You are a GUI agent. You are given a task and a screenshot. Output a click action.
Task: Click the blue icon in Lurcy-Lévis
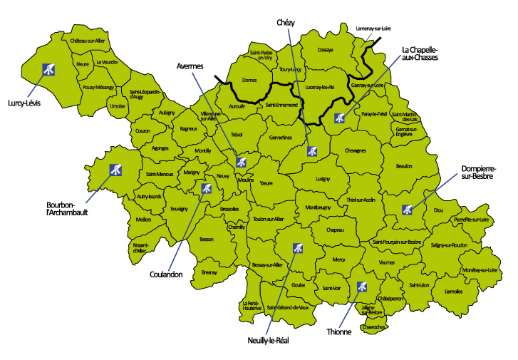tap(48, 69)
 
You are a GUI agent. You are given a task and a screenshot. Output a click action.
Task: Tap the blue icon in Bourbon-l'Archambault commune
tap(114, 170)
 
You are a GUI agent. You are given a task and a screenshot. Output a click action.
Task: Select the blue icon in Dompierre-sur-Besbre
tap(408, 210)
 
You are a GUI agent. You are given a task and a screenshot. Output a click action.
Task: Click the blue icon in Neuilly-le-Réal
tap(298, 249)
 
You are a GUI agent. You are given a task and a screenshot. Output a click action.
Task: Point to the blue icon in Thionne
tap(361, 287)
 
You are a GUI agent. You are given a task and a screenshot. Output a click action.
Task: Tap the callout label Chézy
tap(286, 23)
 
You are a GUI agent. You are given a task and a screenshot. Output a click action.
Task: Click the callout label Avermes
tap(190, 66)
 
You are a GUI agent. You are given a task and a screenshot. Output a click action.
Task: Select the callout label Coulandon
tap(166, 274)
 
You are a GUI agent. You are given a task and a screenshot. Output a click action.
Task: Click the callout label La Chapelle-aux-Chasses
tap(429, 53)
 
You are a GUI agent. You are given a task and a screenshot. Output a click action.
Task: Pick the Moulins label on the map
tap(247, 181)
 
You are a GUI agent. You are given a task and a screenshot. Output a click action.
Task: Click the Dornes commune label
tap(249, 81)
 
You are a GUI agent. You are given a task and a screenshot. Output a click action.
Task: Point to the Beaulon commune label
tap(404, 166)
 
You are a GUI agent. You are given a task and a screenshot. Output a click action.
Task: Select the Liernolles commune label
tap(453, 291)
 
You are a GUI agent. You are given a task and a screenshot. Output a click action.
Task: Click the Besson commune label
tap(207, 239)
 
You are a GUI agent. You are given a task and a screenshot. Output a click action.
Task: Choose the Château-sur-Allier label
tap(88, 41)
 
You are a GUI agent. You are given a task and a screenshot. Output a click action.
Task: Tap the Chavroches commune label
tap(374, 326)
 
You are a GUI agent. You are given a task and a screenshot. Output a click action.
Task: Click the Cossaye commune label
tap(325, 51)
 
